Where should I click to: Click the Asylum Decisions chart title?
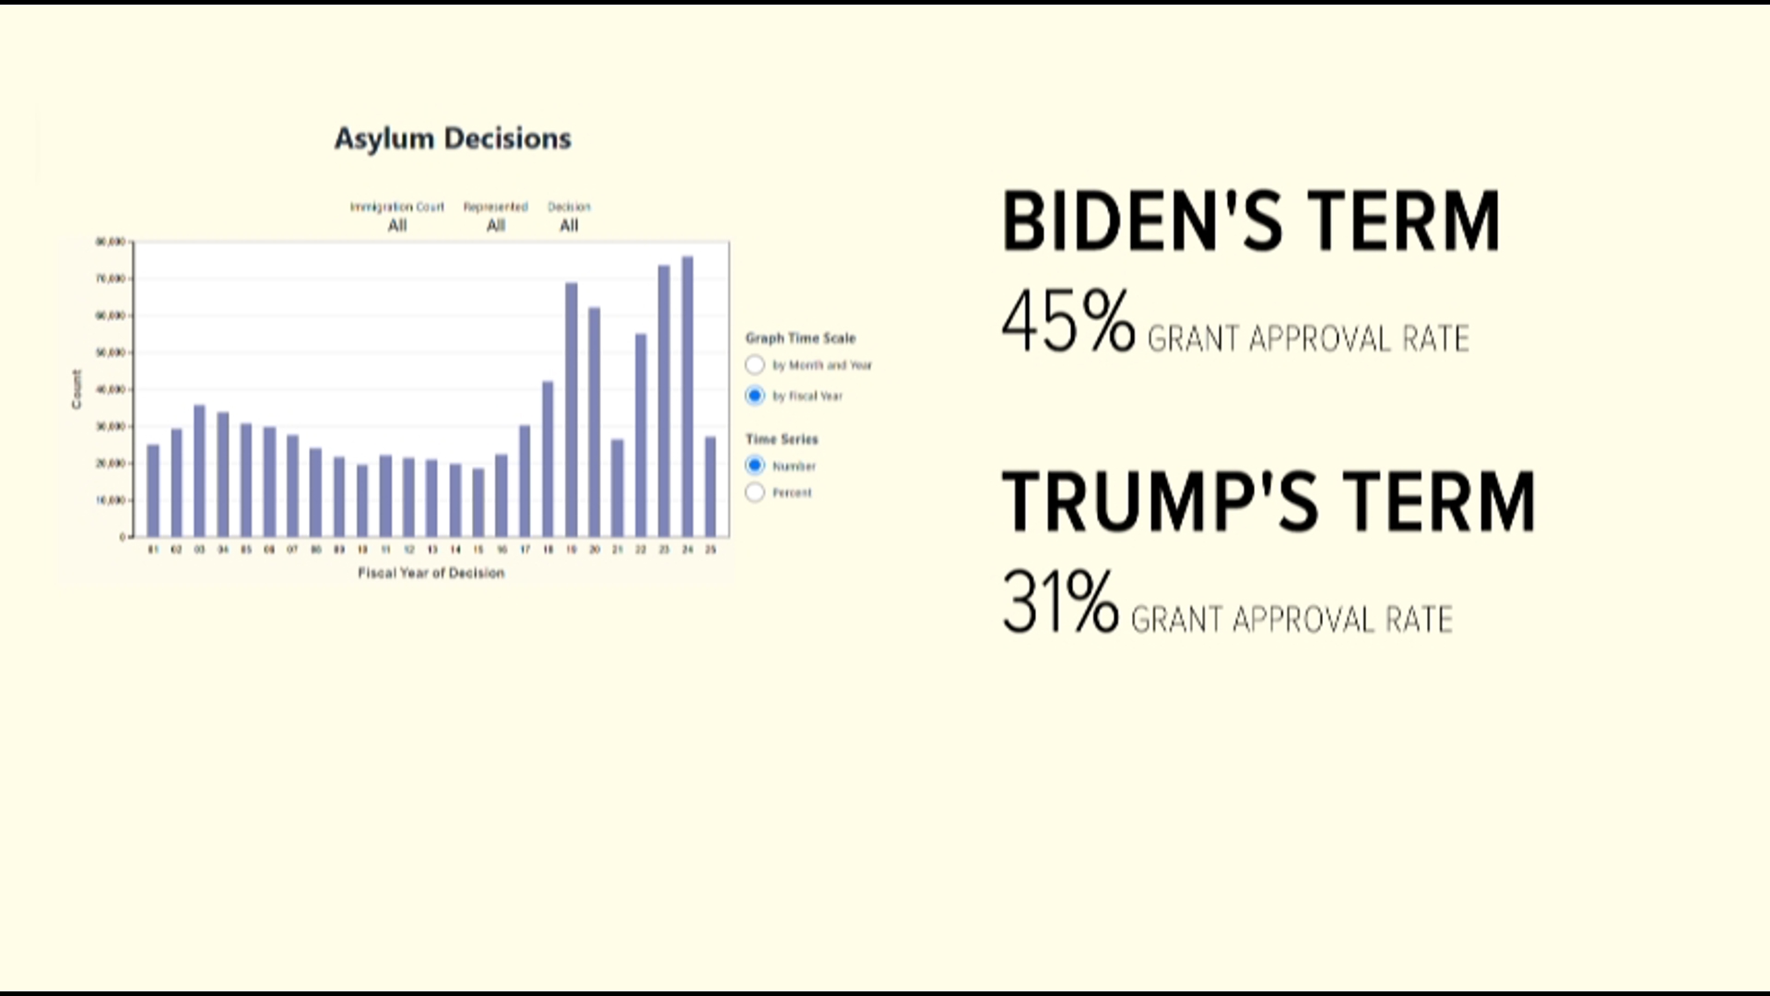coord(453,138)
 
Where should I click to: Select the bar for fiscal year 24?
coord(687,397)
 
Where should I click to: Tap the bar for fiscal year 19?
coord(571,409)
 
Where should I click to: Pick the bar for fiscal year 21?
coord(617,488)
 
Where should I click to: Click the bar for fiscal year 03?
coord(199,470)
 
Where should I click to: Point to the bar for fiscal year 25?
coord(710,486)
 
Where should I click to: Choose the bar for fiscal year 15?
coord(478,503)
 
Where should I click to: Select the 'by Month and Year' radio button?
coord(755,365)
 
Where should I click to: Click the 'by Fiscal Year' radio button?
coord(755,396)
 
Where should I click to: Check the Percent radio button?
coord(755,492)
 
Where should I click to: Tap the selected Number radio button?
coord(755,466)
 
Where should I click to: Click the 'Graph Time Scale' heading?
coord(800,338)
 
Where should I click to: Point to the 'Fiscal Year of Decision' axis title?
coord(431,573)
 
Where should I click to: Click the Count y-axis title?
coord(77,389)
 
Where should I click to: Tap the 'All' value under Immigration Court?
coord(396,226)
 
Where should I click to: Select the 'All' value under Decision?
coord(569,226)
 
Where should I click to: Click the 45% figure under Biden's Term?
coord(1068,322)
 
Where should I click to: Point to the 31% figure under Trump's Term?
coord(1059,602)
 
